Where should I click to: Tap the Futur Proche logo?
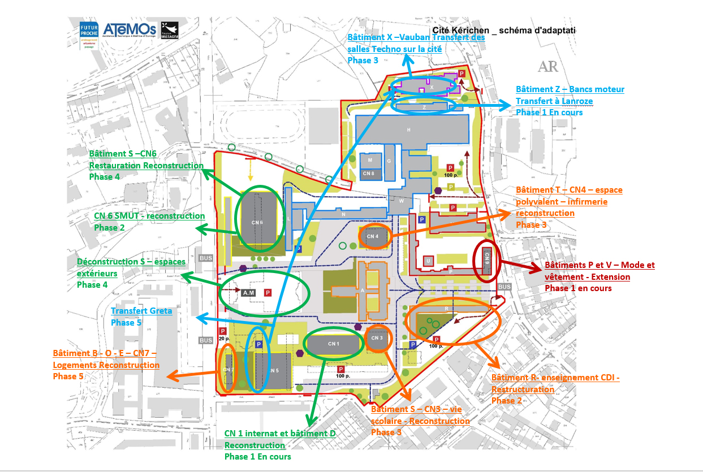click(x=90, y=34)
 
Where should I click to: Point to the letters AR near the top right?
click(x=548, y=67)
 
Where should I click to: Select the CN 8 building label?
click(x=368, y=173)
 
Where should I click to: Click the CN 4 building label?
click(x=373, y=236)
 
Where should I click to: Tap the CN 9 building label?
click(x=486, y=258)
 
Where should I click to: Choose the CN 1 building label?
click(x=333, y=343)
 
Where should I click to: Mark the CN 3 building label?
click(x=377, y=337)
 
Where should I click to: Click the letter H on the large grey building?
click(x=408, y=131)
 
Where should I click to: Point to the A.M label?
click(x=248, y=292)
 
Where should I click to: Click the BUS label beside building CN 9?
click(x=504, y=287)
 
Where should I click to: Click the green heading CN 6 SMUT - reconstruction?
click(x=149, y=216)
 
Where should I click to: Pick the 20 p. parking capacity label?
click(x=223, y=340)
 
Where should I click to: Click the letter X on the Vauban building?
click(x=432, y=88)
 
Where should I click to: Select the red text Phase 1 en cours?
click(x=578, y=288)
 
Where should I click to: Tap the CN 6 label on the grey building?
click(x=257, y=222)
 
